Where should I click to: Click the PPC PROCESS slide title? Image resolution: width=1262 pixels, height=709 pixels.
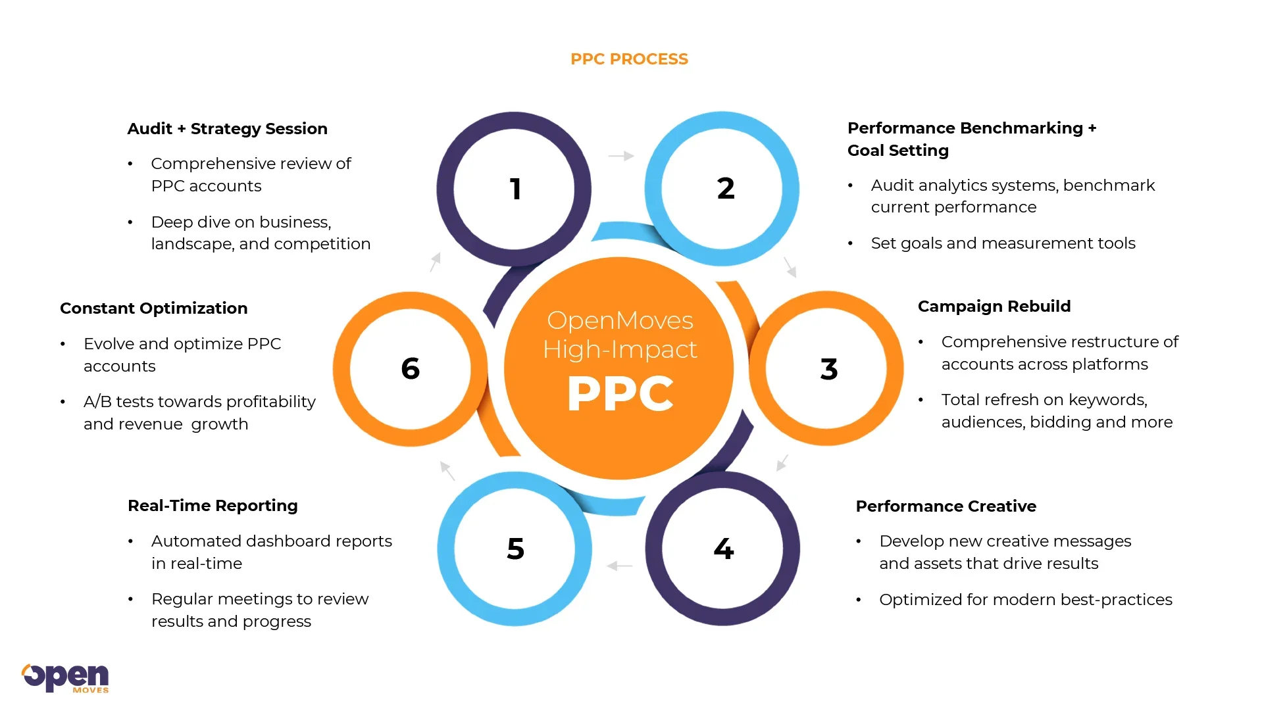click(x=629, y=59)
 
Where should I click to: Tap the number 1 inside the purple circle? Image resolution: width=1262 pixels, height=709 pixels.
click(x=515, y=189)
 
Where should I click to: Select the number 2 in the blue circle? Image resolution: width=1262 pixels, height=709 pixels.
click(x=725, y=189)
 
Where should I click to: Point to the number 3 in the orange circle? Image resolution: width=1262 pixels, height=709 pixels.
click(x=828, y=369)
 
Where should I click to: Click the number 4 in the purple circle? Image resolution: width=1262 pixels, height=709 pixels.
click(x=723, y=549)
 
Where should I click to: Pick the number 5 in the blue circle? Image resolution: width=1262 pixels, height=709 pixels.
click(x=515, y=549)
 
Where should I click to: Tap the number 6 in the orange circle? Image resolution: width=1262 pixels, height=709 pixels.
click(x=410, y=368)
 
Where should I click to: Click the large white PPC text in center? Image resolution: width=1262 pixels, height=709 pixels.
click(x=620, y=394)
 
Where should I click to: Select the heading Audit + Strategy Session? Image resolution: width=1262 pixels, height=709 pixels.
click(x=227, y=129)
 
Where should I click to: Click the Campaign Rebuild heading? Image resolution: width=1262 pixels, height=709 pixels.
click(x=994, y=306)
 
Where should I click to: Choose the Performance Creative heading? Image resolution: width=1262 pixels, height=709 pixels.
click(x=946, y=506)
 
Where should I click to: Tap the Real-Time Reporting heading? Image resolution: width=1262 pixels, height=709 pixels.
click(x=213, y=506)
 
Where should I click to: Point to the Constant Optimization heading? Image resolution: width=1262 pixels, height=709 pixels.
click(x=153, y=308)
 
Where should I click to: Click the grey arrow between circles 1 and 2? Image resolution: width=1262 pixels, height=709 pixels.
click(x=620, y=156)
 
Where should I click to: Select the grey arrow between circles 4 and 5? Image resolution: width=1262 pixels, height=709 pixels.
click(x=619, y=566)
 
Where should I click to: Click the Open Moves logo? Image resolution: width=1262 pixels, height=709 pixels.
click(x=65, y=677)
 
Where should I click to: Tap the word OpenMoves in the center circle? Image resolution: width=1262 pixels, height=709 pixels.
click(x=620, y=320)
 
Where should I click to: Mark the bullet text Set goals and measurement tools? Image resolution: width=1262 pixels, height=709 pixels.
click(x=1003, y=243)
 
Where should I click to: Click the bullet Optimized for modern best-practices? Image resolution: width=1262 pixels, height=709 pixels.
click(x=1025, y=600)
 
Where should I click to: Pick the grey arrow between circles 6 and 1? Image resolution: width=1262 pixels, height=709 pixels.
click(x=435, y=262)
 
